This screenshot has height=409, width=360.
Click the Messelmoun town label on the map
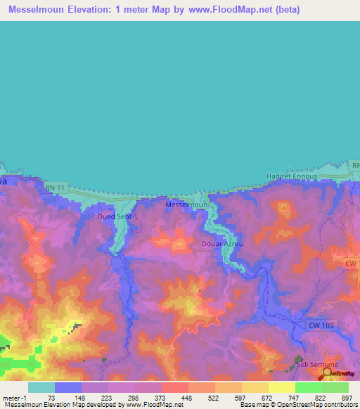pos(186,204)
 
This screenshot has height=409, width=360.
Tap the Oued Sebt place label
pos(115,216)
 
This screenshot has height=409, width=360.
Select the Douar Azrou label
pos(222,244)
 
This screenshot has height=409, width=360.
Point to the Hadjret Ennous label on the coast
pos(292,176)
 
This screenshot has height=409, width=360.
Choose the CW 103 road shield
pos(323,325)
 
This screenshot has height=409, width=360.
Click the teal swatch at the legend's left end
pos(41,387)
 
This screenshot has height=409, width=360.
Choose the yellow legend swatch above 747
pos(281,387)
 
